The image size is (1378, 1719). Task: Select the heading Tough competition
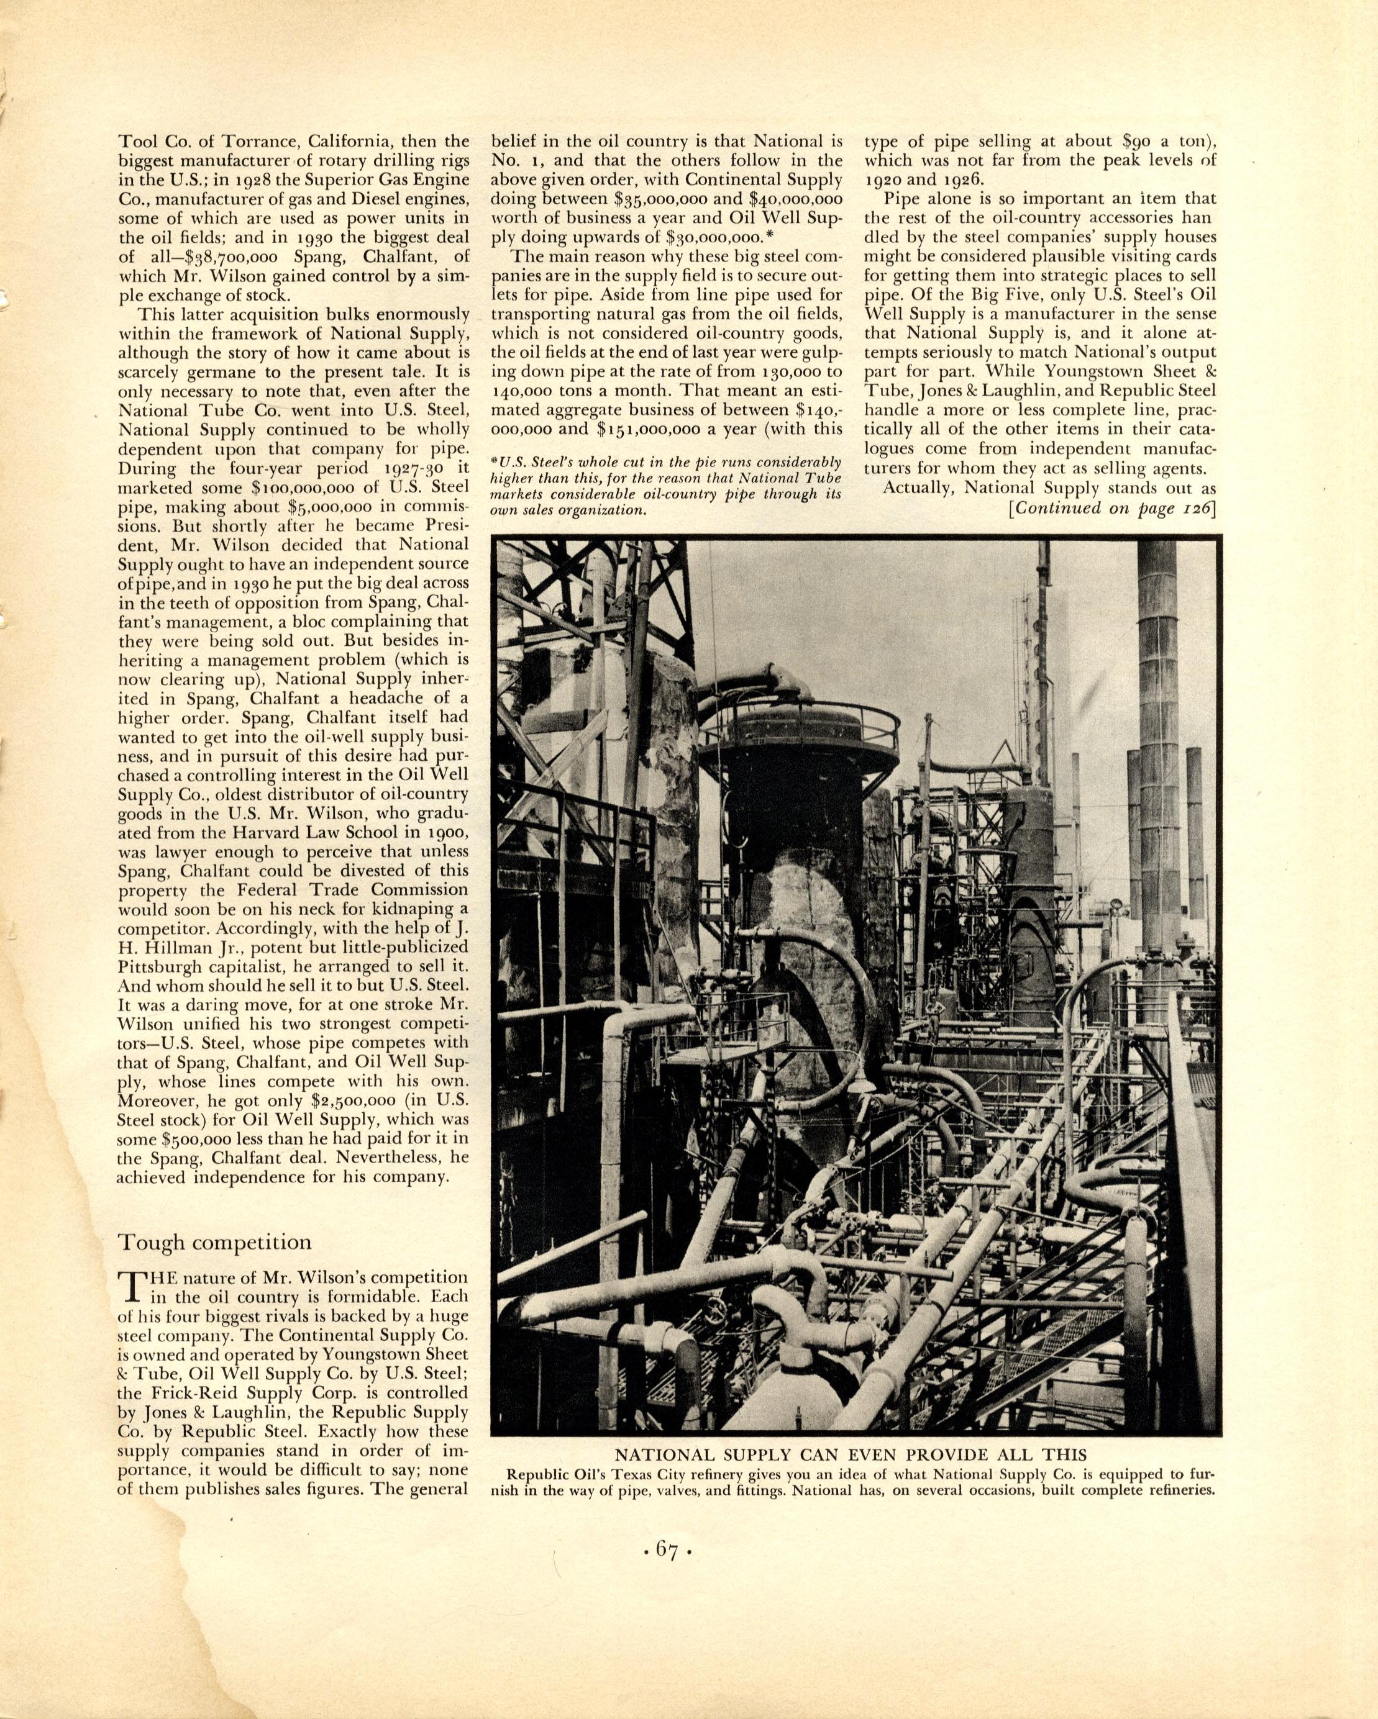pos(214,1241)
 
